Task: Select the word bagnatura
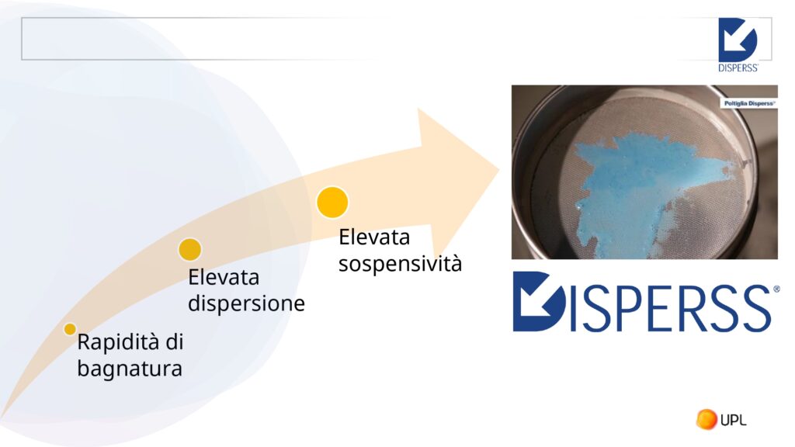click(x=130, y=369)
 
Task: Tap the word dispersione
click(x=246, y=303)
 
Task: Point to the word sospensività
click(x=400, y=264)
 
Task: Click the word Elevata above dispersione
click(x=224, y=277)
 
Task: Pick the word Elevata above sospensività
click(x=374, y=237)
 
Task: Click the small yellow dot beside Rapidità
click(x=70, y=329)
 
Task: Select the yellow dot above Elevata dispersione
click(x=190, y=249)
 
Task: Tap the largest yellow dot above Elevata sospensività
click(x=332, y=203)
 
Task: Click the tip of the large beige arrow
click(x=499, y=170)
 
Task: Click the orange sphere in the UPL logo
click(x=706, y=419)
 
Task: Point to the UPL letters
click(x=733, y=420)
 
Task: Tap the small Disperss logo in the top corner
click(x=738, y=45)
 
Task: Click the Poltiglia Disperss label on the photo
click(x=748, y=103)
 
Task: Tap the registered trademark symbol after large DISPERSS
click(x=776, y=289)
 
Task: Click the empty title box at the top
click(x=203, y=39)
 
